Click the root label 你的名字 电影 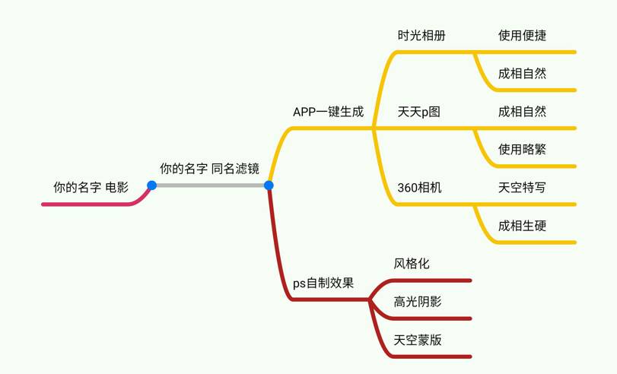click(91, 187)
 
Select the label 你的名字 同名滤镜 click(209, 169)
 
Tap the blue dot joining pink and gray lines click(151, 185)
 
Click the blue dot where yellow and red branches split click(269, 185)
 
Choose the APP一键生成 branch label click(328, 112)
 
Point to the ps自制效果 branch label click(323, 283)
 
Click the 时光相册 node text click(421, 36)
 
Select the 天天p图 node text click(418, 112)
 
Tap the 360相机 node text click(419, 188)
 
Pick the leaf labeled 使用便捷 click(522, 36)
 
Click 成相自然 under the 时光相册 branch click(522, 74)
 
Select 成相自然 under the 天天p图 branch click(522, 112)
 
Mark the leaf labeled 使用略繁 click(522, 150)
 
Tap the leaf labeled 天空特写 click(522, 188)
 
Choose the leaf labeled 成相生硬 click(522, 226)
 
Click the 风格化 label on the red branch click(412, 264)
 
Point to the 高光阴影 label click(418, 302)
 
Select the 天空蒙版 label click(418, 340)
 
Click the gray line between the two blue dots click(210, 185)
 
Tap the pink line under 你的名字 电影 click(84, 204)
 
